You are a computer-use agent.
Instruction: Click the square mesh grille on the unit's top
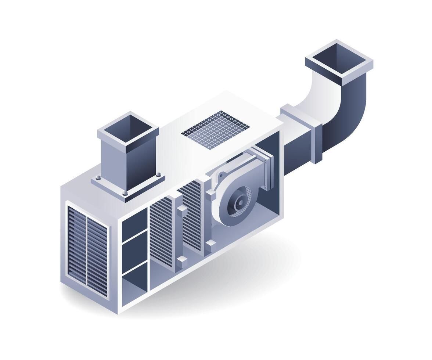click(215, 130)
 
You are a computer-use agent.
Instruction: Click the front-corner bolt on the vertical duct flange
click(125, 192)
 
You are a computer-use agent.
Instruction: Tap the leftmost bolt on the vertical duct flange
click(98, 179)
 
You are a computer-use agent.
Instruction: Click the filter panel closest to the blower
click(191, 217)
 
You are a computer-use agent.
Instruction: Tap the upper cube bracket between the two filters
click(182, 211)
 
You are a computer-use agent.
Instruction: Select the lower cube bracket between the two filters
click(182, 262)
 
